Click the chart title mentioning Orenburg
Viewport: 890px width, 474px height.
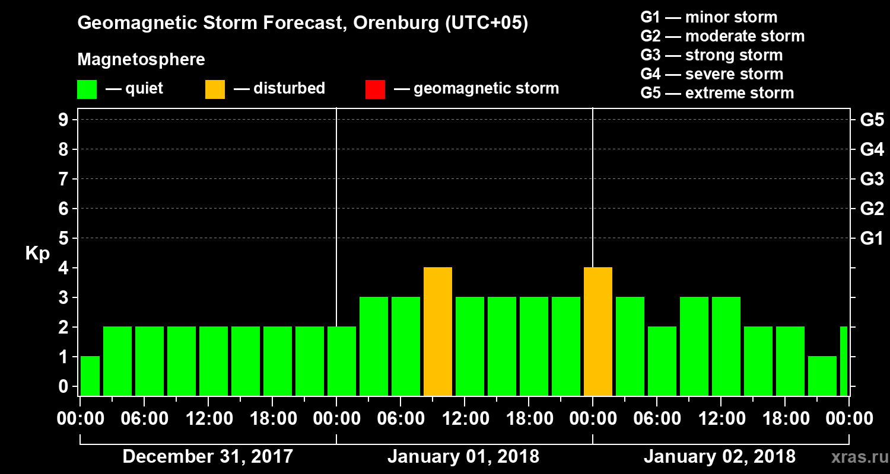tap(303, 24)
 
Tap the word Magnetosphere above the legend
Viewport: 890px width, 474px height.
tap(141, 60)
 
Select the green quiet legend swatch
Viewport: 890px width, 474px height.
tap(87, 89)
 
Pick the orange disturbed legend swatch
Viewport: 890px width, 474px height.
tap(215, 89)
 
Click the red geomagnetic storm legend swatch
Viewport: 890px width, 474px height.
tap(375, 89)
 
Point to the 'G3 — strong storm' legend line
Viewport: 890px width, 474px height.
tap(711, 55)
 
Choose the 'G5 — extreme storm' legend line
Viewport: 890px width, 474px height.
tap(717, 93)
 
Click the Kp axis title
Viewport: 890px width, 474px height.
tap(37, 254)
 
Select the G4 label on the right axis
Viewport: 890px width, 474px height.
tap(872, 150)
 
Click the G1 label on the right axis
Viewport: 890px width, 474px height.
tap(872, 239)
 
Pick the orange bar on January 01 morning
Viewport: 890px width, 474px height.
tap(438, 332)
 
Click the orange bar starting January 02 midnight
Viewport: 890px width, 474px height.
tap(598, 332)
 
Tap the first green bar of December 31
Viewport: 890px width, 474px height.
tap(90, 376)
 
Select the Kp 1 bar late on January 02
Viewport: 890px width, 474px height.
tap(822, 376)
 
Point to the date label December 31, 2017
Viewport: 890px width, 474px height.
tap(208, 457)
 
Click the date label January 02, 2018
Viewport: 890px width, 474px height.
tap(720, 457)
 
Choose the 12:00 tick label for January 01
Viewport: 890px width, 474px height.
tap(465, 419)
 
